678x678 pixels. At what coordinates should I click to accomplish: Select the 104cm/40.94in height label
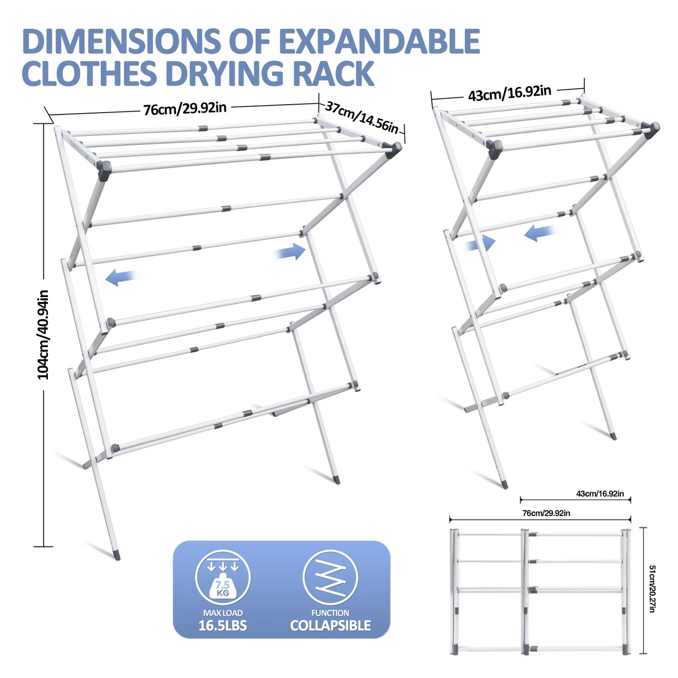pyautogui.click(x=43, y=334)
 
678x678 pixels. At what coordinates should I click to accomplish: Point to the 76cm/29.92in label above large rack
pyautogui.click(x=185, y=109)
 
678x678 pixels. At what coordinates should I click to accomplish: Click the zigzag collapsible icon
pyautogui.click(x=330, y=577)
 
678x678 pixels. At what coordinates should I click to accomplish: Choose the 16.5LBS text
pyautogui.click(x=223, y=625)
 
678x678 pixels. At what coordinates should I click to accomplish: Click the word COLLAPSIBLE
pyautogui.click(x=330, y=625)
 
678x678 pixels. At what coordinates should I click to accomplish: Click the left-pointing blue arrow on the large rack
pyautogui.click(x=121, y=277)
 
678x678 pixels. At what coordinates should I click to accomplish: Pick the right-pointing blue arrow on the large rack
pyautogui.click(x=290, y=252)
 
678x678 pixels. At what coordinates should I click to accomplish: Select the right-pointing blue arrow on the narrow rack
pyautogui.click(x=480, y=243)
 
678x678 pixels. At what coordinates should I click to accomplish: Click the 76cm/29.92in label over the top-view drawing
pyautogui.click(x=546, y=513)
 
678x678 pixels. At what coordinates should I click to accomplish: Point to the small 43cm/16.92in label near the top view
pyautogui.click(x=600, y=494)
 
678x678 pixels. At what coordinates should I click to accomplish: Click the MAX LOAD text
pyautogui.click(x=223, y=613)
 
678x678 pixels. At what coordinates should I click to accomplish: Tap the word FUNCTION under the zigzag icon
pyautogui.click(x=330, y=613)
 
